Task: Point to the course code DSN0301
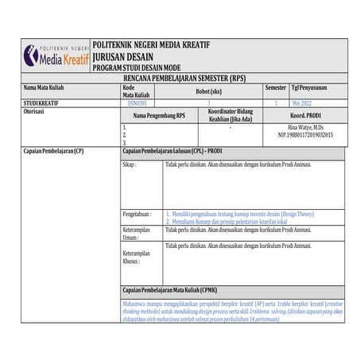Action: coord(137,103)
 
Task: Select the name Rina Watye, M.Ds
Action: coord(305,127)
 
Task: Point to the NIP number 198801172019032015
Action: coord(305,135)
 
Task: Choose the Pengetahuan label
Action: coord(137,215)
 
